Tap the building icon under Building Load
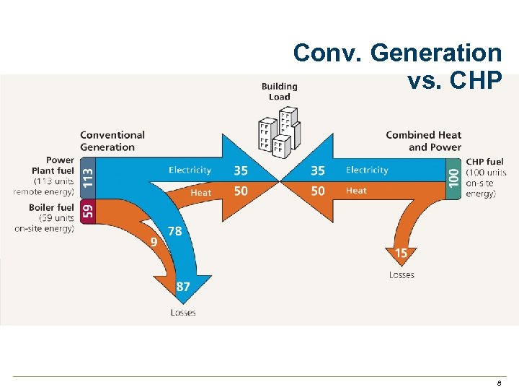279,132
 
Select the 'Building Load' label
279,92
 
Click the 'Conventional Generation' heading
112,141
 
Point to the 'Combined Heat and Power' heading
424,141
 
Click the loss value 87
183,287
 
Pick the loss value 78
174,231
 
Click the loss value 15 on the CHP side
401,253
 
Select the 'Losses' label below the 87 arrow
183,313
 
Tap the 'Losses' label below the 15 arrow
402,275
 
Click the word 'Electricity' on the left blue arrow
190,170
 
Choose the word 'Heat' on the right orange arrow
356,191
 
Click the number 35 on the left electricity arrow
241,170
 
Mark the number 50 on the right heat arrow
317,191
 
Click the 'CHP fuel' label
484,162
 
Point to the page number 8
498,383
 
